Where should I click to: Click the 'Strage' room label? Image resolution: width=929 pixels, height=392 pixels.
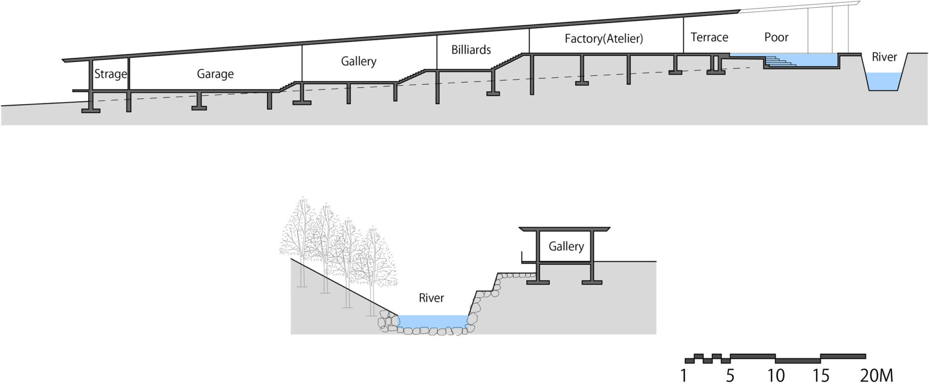[110, 74]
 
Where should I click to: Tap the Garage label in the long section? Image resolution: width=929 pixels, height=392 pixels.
[215, 74]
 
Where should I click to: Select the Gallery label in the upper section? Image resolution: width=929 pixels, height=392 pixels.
[359, 61]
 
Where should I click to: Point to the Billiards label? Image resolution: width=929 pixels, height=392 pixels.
[471, 50]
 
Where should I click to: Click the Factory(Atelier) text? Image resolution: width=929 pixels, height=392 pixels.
[604, 39]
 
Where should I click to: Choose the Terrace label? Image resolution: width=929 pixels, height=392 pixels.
[709, 37]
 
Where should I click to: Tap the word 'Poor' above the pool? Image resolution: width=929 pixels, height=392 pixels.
[776, 37]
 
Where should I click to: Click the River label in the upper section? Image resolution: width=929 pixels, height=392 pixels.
[884, 57]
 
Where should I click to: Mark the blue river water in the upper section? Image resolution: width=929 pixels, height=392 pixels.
[884, 81]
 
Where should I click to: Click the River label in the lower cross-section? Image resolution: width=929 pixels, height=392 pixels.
[431, 298]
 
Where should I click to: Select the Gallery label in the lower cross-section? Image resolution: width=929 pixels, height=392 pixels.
[566, 246]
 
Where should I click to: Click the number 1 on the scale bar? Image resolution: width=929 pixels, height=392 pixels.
[683, 376]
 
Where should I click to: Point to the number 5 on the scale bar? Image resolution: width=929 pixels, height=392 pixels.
[730, 376]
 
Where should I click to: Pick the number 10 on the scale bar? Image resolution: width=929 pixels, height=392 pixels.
[776, 376]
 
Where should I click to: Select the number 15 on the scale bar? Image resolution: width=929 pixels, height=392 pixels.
[821, 376]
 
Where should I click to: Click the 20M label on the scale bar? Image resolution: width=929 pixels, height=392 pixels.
[877, 376]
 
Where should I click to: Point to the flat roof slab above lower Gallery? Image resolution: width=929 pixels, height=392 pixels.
[564, 228]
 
